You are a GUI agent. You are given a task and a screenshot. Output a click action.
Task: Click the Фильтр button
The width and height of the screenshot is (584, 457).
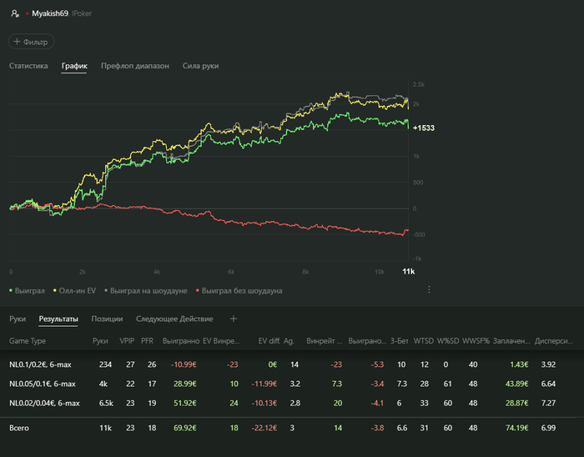pyautogui.click(x=31, y=41)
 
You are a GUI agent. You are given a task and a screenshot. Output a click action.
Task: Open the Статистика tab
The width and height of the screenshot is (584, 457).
pyautogui.click(x=28, y=65)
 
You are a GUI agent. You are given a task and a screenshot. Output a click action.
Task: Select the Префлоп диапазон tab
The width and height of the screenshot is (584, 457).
pyautogui.click(x=134, y=65)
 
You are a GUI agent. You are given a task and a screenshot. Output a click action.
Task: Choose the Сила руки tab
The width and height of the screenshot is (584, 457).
pyautogui.click(x=200, y=65)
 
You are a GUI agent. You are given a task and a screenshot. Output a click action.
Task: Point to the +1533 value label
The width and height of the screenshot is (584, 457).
pyautogui.click(x=423, y=128)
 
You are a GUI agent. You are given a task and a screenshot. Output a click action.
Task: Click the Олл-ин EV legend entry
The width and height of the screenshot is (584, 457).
pyautogui.click(x=78, y=290)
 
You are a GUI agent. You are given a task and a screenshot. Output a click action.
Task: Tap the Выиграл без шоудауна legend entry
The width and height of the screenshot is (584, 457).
pyautogui.click(x=239, y=290)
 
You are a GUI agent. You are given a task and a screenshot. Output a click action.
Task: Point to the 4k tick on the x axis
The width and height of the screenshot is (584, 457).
pyautogui.click(x=157, y=272)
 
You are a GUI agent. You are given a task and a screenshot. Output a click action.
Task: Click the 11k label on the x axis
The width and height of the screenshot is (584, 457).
pyautogui.click(x=408, y=272)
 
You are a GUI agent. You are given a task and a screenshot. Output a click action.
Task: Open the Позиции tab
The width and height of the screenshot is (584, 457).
pyautogui.click(x=107, y=319)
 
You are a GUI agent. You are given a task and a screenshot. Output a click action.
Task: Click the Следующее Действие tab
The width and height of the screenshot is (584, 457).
pyautogui.click(x=174, y=319)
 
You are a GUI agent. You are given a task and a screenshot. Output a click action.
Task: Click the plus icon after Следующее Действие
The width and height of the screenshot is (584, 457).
pyautogui.click(x=234, y=319)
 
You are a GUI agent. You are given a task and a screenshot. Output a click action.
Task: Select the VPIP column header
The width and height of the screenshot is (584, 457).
pyautogui.click(x=127, y=341)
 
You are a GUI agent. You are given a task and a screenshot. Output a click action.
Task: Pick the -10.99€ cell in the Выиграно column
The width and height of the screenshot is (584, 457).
pyautogui.click(x=183, y=364)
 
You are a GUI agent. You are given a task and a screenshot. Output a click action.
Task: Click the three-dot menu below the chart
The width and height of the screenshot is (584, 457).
pyautogui.click(x=429, y=289)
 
